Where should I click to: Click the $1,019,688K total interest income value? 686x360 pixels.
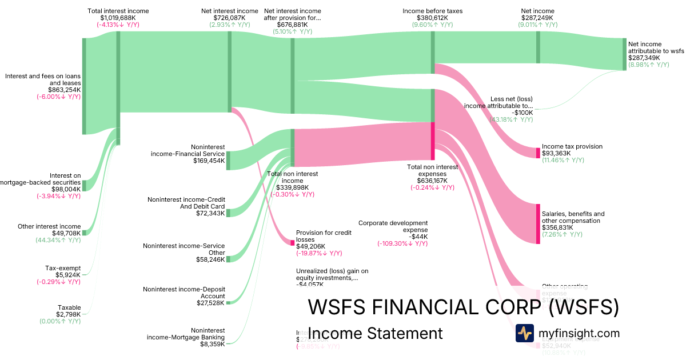click(118, 18)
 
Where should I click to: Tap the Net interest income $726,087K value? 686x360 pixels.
click(230, 18)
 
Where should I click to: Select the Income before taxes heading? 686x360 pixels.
click(432, 11)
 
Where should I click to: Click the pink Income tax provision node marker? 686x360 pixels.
click(538, 153)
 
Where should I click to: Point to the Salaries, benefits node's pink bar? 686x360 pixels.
click(538, 223)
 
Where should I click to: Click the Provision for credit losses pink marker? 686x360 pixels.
click(293, 243)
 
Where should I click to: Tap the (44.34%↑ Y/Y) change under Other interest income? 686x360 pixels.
click(58, 240)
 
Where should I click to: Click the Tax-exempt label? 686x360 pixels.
click(63, 268)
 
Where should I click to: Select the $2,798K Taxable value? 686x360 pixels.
click(68, 314)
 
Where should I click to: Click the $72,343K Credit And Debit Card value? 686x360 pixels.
click(210, 213)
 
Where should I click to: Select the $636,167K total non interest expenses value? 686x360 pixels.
click(432, 180)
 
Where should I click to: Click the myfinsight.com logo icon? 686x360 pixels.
click(524, 333)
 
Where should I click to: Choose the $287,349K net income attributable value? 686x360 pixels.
click(644, 58)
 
